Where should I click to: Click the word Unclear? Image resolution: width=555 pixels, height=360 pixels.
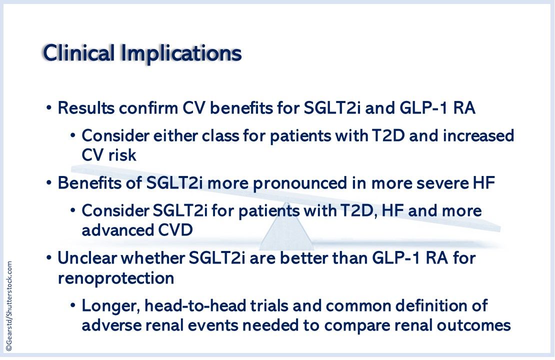click(88, 258)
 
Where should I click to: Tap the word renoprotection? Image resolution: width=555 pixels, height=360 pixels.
click(116, 278)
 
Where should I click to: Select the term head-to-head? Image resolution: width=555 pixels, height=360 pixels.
click(194, 305)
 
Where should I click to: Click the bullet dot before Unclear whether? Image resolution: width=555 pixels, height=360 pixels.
click(49, 259)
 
